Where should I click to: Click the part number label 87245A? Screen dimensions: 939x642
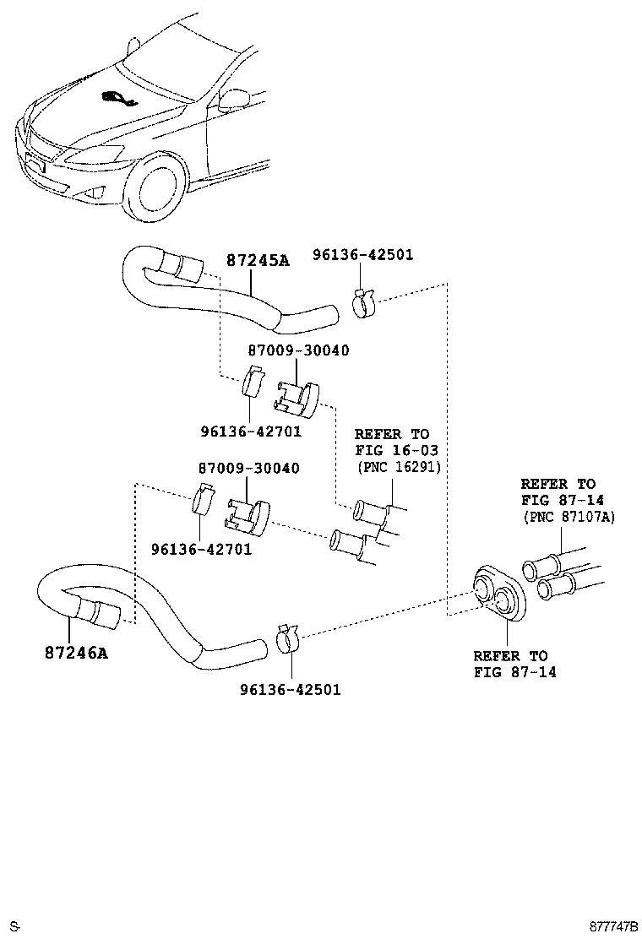(257, 261)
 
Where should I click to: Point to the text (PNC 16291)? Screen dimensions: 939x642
(398, 466)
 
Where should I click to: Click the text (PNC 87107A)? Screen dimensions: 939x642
(569, 517)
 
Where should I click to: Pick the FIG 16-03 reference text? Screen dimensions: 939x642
(396, 450)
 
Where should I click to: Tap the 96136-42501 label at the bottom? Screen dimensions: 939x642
(290, 689)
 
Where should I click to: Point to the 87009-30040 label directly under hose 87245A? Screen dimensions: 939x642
(298, 350)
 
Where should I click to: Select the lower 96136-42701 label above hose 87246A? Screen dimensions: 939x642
(201, 549)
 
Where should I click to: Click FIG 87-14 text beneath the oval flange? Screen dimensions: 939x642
(515, 672)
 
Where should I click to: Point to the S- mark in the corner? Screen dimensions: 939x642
(14, 926)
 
